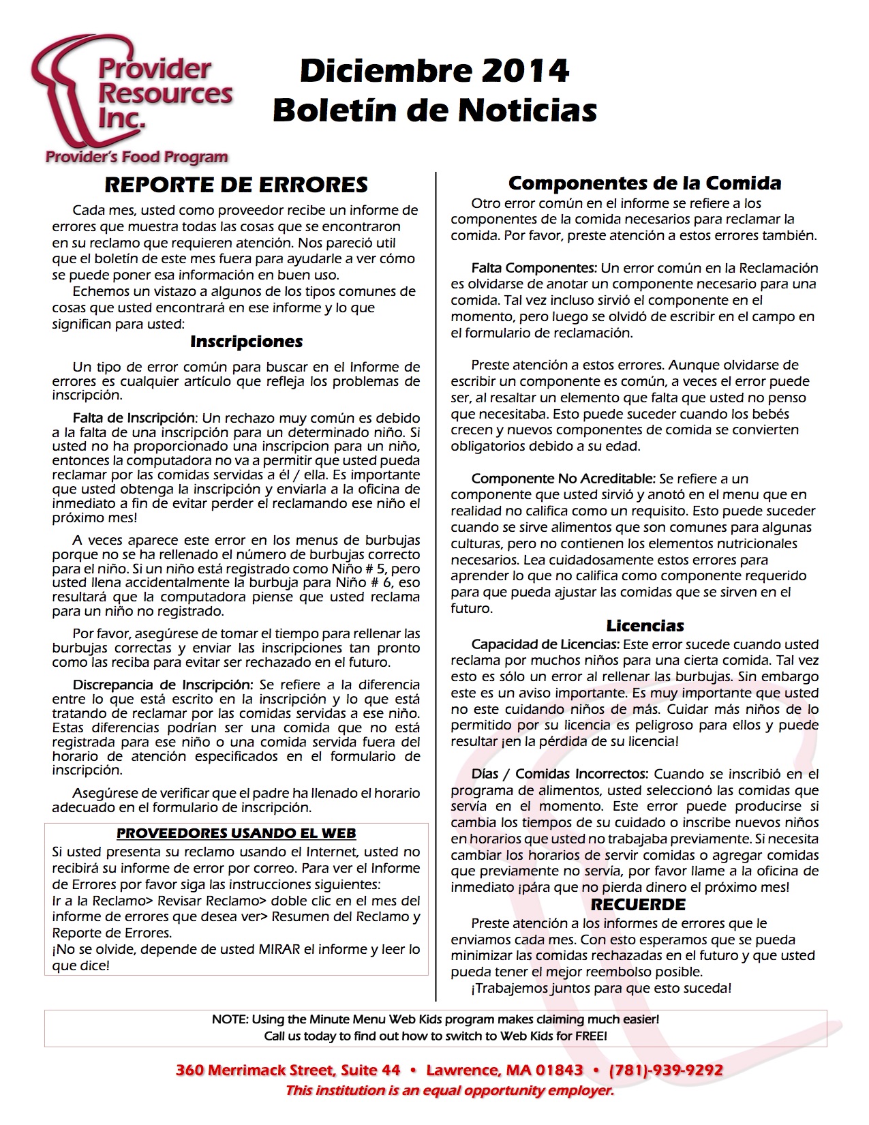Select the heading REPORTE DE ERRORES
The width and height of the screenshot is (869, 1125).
pos(236,185)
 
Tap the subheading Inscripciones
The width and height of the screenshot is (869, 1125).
pos(246,342)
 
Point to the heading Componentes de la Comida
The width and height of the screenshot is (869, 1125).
pos(645,183)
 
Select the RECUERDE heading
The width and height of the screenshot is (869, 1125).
pos(638,905)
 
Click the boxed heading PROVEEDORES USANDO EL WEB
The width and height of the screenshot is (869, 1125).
pos(236,833)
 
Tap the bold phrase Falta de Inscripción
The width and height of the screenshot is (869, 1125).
pos(134,418)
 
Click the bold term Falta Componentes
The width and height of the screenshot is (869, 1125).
pos(534,268)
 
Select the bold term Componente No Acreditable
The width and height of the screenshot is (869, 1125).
pos(563,479)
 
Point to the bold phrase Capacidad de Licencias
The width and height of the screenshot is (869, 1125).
pos(545,644)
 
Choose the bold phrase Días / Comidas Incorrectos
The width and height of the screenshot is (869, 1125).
pos(559,774)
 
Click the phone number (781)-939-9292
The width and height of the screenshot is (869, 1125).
pos(666,1070)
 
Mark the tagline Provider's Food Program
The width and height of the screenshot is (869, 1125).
pos(136,157)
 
